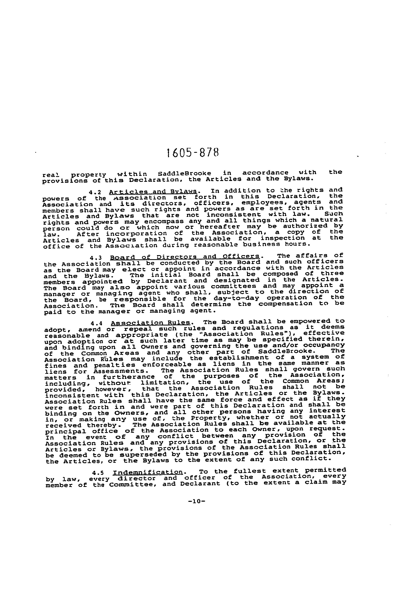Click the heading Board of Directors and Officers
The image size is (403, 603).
[x=185, y=257]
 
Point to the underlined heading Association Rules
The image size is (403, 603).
[x=151, y=323]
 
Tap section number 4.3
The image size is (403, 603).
[x=96, y=257]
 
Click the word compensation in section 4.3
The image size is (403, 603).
[x=286, y=304]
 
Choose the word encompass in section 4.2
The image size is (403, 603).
[x=164, y=221]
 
